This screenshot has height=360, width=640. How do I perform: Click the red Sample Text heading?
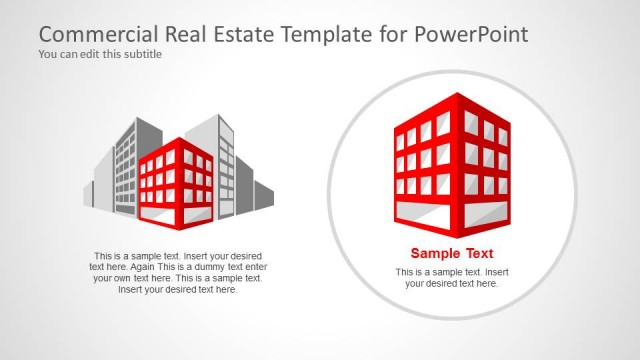(452, 253)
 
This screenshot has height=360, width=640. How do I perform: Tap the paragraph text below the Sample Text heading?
(452, 278)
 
